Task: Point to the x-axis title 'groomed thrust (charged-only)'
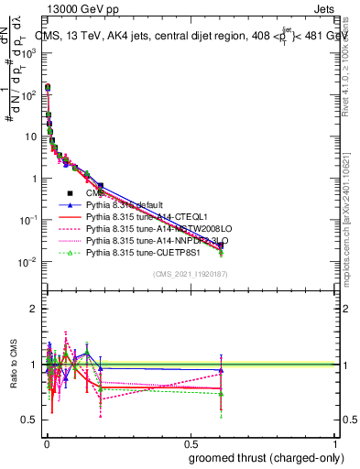click(x=262, y=457)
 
